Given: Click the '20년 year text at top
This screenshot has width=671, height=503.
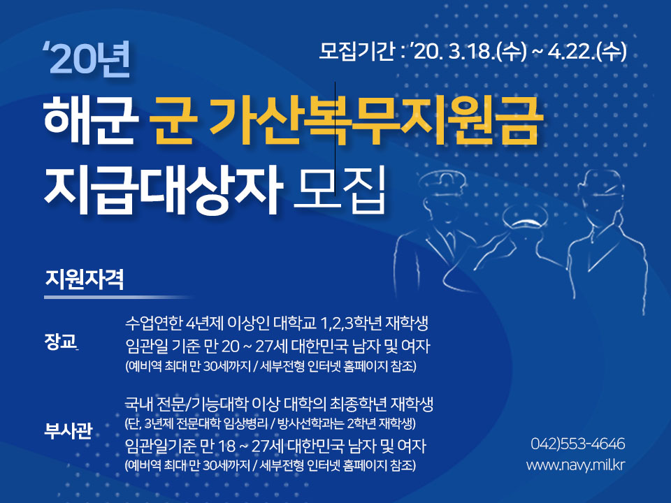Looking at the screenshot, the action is [x=87, y=61].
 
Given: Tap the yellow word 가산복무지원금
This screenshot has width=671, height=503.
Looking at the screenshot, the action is [x=377, y=121].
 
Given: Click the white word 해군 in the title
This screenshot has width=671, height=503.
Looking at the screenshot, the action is [x=91, y=121].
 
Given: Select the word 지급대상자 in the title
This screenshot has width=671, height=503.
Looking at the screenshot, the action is [x=162, y=189].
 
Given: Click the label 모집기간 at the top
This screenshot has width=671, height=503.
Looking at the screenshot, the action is [x=356, y=52].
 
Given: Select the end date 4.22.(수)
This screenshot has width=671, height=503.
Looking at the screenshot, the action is [x=587, y=52].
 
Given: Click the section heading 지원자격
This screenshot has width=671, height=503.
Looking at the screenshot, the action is [x=85, y=279].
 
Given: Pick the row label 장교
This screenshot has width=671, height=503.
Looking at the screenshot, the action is [x=60, y=342].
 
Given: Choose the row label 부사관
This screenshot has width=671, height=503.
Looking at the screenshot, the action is [x=68, y=430].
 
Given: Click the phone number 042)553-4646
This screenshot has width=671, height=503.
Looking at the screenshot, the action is [x=578, y=444].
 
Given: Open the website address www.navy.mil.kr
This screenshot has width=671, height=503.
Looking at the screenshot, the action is [x=576, y=465].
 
